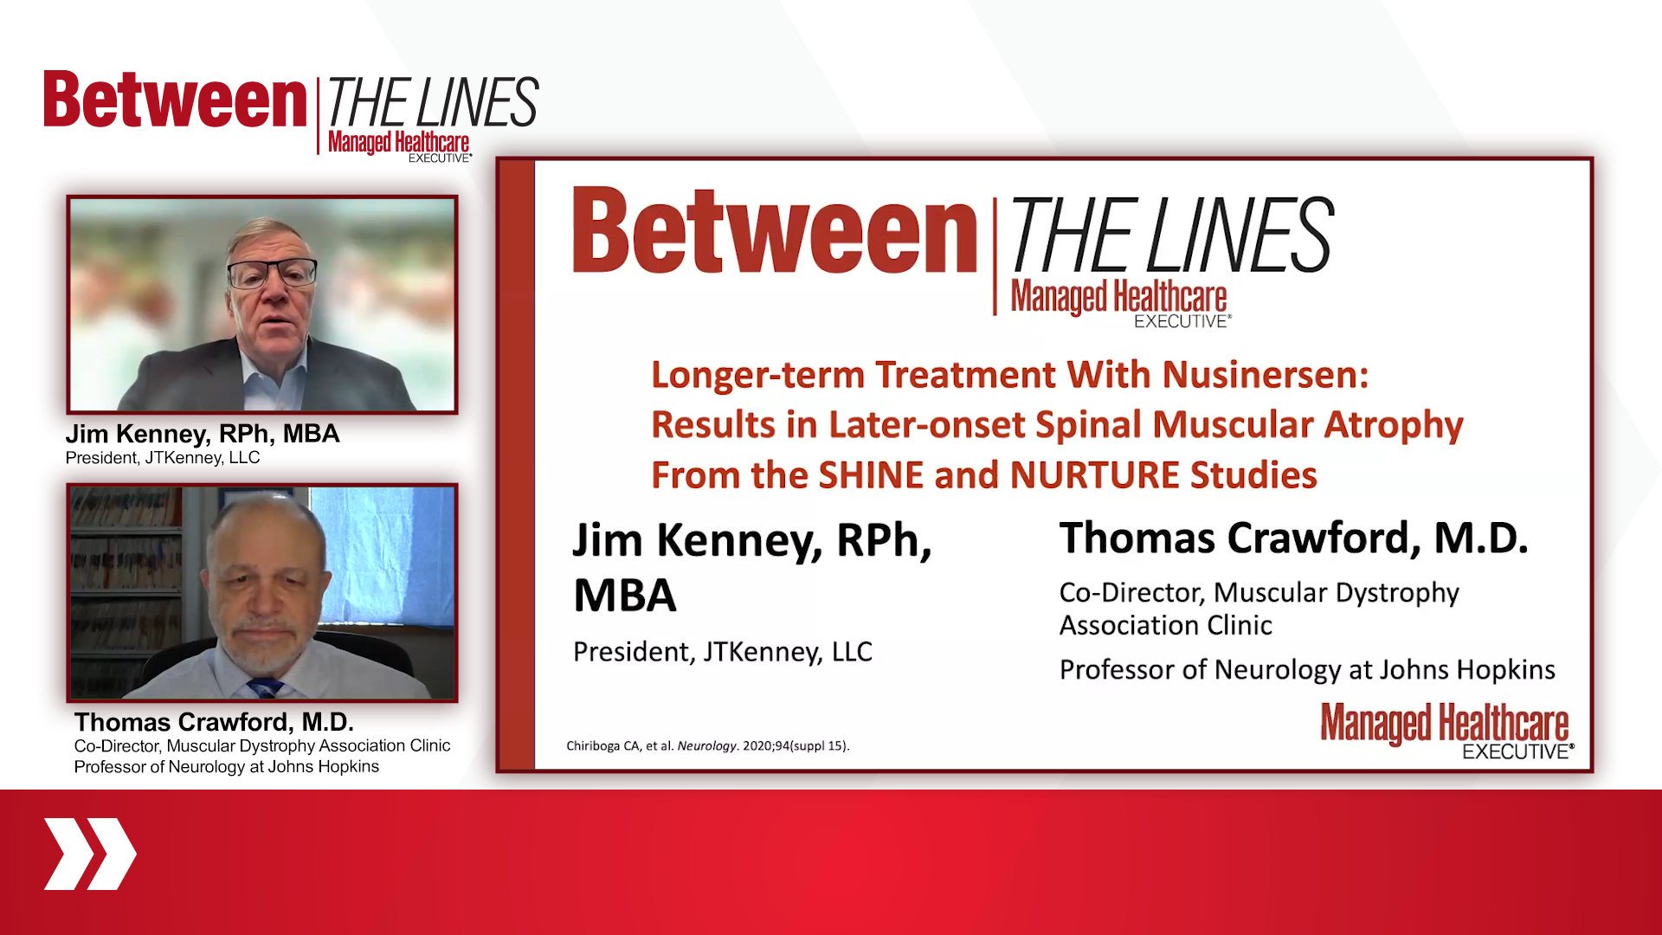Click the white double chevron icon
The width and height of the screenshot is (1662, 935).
[90, 854]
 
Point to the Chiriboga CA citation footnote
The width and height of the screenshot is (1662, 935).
[707, 745]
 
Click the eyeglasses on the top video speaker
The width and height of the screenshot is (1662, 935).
[271, 274]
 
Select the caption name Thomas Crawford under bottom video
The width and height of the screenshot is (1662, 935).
[213, 722]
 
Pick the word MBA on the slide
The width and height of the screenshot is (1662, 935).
[624, 596]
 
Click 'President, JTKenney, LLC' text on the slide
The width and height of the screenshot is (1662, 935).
[722, 652]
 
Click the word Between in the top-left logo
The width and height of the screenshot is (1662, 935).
[176, 100]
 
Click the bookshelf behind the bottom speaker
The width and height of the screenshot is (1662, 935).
[126, 589]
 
